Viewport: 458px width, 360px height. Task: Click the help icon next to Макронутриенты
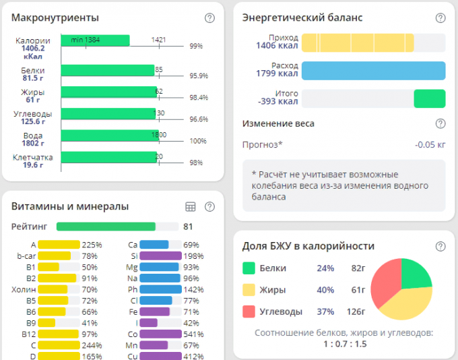click(x=209, y=18)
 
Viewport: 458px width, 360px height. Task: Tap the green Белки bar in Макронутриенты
click(x=108, y=71)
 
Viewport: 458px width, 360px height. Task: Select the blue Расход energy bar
click(x=373, y=71)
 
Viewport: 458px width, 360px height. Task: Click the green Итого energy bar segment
click(x=429, y=98)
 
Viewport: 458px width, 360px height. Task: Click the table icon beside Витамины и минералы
click(x=191, y=207)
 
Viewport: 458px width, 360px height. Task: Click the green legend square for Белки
click(x=248, y=268)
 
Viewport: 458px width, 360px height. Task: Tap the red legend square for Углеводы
click(x=248, y=311)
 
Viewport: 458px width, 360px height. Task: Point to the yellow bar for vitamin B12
click(x=56, y=334)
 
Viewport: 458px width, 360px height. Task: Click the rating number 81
click(x=188, y=227)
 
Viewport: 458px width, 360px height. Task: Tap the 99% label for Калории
click(x=196, y=47)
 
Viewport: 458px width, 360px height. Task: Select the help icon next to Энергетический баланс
click(x=440, y=18)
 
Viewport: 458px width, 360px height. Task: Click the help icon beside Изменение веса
click(x=440, y=123)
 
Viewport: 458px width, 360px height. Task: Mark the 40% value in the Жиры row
click(x=326, y=290)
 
